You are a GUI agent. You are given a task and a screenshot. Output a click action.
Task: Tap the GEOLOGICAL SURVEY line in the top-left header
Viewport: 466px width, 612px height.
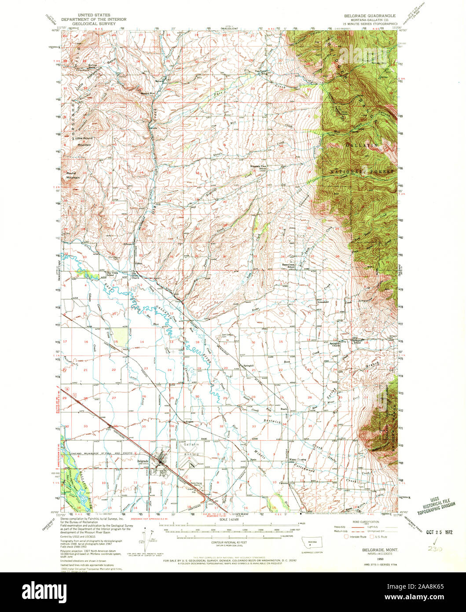click(x=93, y=24)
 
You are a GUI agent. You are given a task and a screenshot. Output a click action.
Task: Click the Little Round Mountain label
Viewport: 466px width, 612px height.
click(x=83, y=141)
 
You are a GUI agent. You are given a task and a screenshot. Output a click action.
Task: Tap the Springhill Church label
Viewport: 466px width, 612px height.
click(x=335, y=344)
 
